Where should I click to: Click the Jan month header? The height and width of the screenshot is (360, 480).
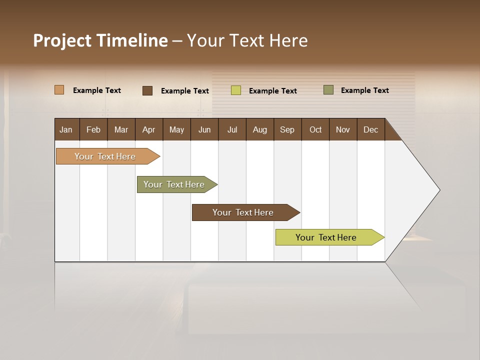point(66,129)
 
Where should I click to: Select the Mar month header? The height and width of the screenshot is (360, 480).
point(121,129)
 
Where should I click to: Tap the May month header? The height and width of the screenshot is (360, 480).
point(176,129)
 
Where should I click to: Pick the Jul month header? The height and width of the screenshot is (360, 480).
point(232,129)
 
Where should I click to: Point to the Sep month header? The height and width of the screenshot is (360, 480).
point(287,129)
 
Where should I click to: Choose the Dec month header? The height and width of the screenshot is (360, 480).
point(370,129)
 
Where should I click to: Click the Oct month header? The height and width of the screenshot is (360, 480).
point(315,129)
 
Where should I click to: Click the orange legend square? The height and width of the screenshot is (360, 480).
point(59,90)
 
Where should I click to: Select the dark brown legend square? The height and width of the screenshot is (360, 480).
point(147,90)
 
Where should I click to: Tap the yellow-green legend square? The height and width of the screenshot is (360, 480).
point(236,90)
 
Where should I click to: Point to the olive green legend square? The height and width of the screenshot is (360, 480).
point(328,90)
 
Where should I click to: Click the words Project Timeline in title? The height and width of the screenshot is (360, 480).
point(100,40)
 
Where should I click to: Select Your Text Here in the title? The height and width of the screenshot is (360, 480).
point(247,40)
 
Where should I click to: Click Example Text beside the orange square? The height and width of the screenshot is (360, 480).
point(97,90)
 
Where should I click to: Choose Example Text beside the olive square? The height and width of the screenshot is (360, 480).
point(364,90)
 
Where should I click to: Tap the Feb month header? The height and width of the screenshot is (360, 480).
point(93,129)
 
